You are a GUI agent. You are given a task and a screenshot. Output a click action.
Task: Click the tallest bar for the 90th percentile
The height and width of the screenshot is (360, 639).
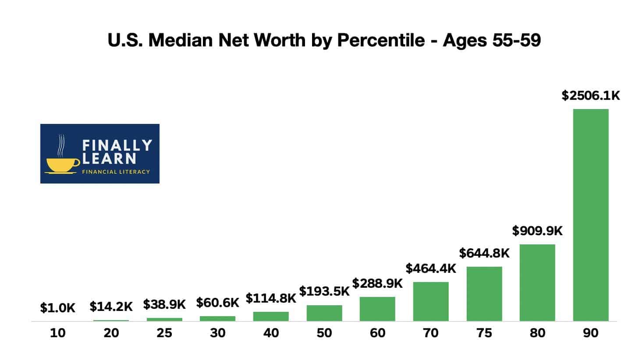pyautogui.click(x=590, y=215)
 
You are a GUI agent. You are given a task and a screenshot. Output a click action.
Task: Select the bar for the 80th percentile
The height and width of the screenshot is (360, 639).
pyautogui.click(x=537, y=282)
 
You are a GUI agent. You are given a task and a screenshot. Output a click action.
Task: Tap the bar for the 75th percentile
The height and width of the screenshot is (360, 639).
pyautogui.click(x=484, y=293)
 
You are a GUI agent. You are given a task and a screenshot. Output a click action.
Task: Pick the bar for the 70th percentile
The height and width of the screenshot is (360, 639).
pyautogui.click(x=430, y=301)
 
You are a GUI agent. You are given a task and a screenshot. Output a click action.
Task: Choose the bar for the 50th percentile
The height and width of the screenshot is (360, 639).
pyautogui.click(x=324, y=313)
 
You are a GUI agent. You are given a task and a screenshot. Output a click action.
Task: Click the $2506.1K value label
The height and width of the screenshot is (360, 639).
pyautogui.click(x=590, y=95)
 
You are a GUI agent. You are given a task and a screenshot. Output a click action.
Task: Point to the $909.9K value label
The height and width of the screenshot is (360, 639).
pyautogui.click(x=537, y=230)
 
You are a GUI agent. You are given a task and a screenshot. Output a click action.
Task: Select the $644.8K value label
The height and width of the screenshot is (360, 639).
pyautogui.click(x=484, y=253)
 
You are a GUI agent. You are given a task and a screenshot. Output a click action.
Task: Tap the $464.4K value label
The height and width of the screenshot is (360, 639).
pyautogui.click(x=430, y=268)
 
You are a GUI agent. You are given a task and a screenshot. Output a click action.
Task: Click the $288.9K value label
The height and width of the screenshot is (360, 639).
pyautogui.click(x=377, y=283)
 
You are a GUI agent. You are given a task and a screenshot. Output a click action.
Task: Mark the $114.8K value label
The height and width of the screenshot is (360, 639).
pyautogui.click(x=270, y=298)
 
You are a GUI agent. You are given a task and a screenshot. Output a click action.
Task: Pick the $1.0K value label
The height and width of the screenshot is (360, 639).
pyautogui.click(x=57, y=308)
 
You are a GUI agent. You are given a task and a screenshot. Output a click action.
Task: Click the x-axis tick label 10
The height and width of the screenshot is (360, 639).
pyautogui.click(x=57, y=333)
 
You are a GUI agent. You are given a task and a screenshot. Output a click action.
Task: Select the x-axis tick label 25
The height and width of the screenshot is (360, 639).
pyautogui.click(x=164, y=333)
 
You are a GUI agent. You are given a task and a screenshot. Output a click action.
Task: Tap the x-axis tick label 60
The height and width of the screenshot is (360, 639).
pyautogui.click(x=377, y=333)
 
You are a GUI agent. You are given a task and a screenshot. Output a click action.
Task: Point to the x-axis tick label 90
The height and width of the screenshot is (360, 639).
pyautogui.click(x=590, y=333)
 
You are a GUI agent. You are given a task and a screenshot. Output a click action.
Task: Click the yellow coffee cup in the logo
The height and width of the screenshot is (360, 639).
pyautogui.click(x=63, y=165)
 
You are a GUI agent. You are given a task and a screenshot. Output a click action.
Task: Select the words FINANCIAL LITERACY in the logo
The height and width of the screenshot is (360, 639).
pyautogui.click(x=116, y=172)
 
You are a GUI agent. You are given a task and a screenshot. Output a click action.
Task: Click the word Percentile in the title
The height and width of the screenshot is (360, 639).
pyautogui.click(x=380, y=40)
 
